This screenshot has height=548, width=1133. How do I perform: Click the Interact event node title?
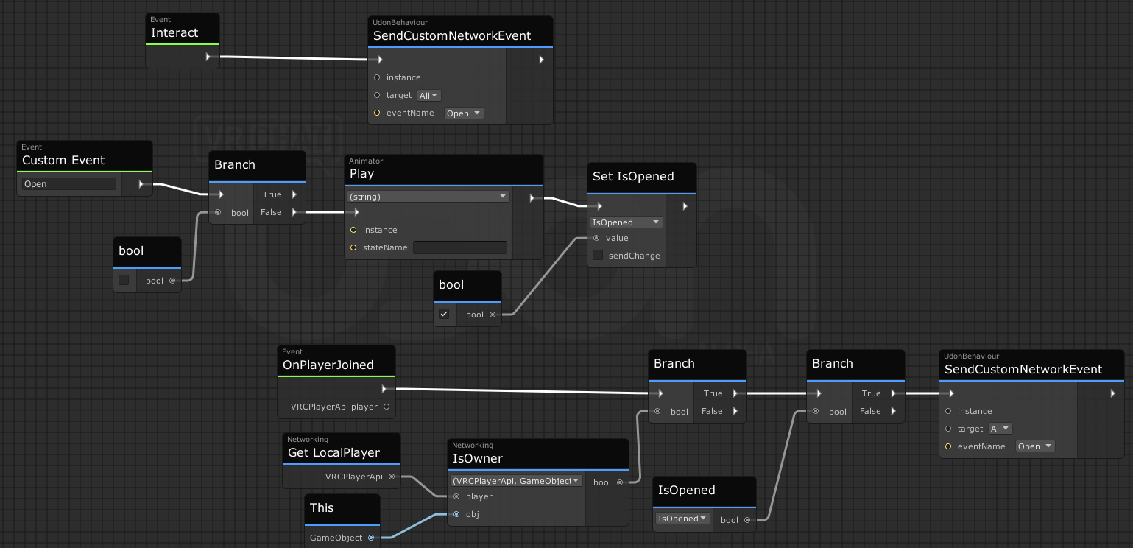(174, 33)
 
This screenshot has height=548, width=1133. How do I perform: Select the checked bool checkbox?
(444, 314)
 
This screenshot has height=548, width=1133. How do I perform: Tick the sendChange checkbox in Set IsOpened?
(598, 255)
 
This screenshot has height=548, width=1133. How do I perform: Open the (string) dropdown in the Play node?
(428, 197)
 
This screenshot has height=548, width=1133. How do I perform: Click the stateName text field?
(460, 247)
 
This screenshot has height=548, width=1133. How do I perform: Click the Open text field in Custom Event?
(68, 183)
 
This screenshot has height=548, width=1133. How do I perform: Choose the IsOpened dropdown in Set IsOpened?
(626, 222)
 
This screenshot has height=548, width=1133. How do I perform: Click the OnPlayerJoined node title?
(328, 365)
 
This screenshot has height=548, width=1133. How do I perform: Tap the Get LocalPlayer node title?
(333, 452)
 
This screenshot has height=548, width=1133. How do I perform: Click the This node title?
(321, 507)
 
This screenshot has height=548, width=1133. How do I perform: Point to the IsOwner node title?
(478, 458)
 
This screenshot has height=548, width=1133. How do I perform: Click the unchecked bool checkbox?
(124, 280)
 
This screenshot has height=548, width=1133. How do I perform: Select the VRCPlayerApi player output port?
(387, 407)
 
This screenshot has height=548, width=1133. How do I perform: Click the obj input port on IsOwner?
(456, 514)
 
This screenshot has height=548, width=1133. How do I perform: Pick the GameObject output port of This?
(371, 538)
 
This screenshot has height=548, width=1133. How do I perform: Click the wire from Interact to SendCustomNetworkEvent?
(294, 58)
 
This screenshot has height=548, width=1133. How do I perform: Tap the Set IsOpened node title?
(633, 176)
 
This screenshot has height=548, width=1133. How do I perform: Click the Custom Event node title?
(63, 160)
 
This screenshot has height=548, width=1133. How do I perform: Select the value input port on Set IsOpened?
(596, 238)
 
